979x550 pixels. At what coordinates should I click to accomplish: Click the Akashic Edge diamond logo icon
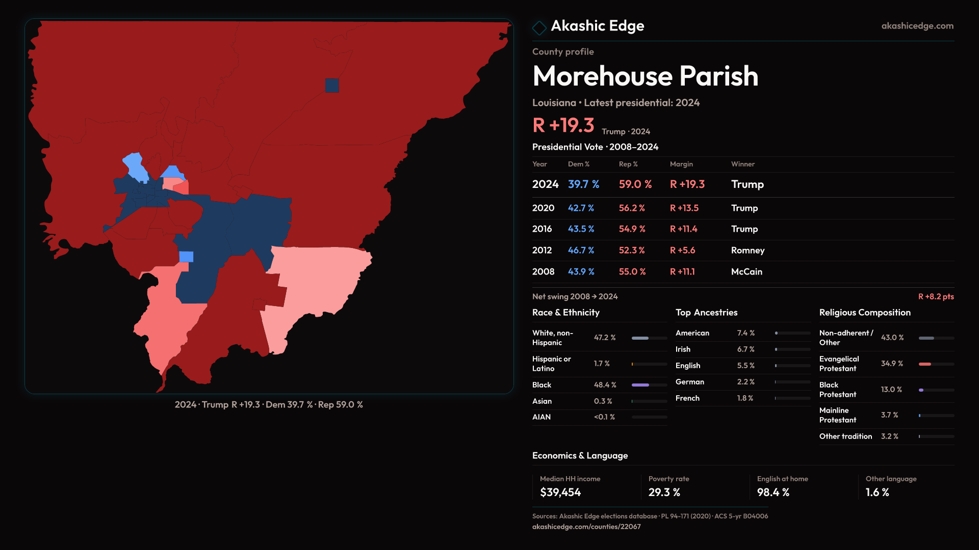pos(539,28)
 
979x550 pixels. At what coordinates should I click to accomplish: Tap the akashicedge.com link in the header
pos(917,26)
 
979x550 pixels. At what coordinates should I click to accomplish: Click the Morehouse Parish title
pos(645,76)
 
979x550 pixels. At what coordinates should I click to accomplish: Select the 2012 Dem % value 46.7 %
pos(581,251)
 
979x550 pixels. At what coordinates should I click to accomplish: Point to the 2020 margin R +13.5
pos(684,208)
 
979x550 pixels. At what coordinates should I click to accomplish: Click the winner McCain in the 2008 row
pos(746,272)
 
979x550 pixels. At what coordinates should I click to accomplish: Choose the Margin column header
pos(681,164)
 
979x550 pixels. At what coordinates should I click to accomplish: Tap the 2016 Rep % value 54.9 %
pos(632,229)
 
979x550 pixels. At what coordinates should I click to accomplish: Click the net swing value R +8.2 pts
pos(936,296)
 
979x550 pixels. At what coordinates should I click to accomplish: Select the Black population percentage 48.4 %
pos(605,385)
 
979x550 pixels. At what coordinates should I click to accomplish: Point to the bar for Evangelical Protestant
pos(936,364)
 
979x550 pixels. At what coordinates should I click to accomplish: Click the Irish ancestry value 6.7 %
pos(745,349)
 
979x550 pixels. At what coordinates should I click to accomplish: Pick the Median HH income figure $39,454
pos(560,492)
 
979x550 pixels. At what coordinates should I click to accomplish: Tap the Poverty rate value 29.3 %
pos(664,492)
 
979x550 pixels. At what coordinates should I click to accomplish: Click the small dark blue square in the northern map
pos(332,86)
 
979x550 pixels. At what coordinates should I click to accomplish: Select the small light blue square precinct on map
pos(186,257)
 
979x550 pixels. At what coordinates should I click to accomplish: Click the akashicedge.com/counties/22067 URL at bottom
pos(586,527)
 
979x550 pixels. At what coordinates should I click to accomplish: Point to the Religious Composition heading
pos(864,313)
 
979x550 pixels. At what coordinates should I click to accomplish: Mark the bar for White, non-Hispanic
pos(649,338)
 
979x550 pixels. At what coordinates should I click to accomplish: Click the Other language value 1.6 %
pos(877,492)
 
